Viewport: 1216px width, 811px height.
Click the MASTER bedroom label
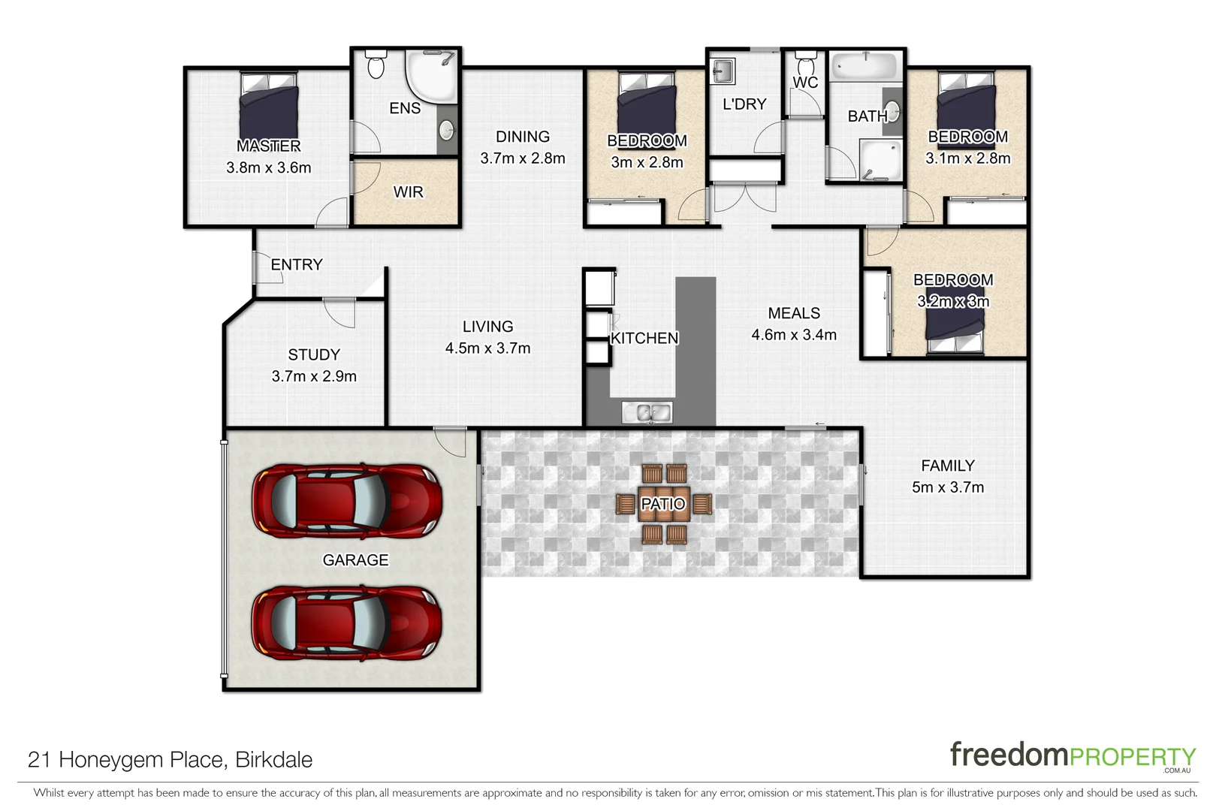[x=268, y=146]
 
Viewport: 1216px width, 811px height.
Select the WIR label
[x=408, y=192]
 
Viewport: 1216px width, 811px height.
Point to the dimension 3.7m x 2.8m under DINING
[x=522, y=158]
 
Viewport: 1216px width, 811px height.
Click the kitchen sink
[x=647, y=412]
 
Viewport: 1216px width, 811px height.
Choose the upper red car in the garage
[x=346, y=500]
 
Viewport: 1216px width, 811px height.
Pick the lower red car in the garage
[x=346, y=623]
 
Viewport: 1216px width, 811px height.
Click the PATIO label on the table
[x=662, y=504]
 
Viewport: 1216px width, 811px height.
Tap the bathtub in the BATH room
[x=865, y=65]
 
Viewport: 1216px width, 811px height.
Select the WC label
[x=804, y=83]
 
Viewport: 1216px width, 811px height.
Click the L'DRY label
[x=744, y=104]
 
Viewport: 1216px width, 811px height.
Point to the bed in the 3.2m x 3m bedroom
[x=954, y=327]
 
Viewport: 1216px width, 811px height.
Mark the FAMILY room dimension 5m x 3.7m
[x=947, y=487]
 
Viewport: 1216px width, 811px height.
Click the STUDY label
[x=314, y=354]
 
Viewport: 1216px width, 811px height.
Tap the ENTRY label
[x=297, y=264]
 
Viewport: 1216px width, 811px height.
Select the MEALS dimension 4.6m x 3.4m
[x=794, y=335]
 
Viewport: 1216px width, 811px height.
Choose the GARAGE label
[x=355, y=560]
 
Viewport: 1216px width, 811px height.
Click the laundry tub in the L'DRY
[x=722, y=72]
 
